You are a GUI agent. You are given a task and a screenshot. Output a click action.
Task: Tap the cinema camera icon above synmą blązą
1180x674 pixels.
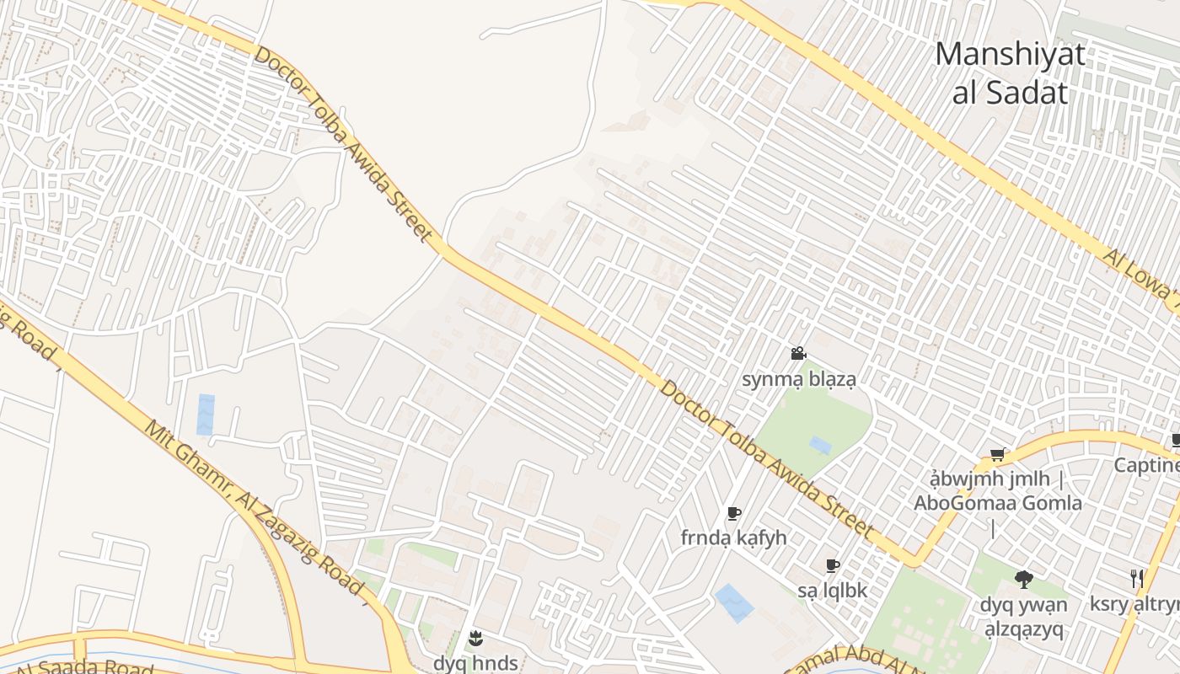pos(798,354)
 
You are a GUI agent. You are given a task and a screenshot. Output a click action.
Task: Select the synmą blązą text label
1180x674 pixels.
pos(798,379)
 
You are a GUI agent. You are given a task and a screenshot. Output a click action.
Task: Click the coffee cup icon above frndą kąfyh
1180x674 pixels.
pos(733,513)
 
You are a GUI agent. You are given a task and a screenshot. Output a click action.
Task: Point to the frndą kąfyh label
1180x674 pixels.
pos(733,538)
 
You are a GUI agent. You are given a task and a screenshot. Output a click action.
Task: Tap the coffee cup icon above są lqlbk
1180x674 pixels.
pos(833,566)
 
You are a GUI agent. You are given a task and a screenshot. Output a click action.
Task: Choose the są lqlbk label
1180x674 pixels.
pos(833,591)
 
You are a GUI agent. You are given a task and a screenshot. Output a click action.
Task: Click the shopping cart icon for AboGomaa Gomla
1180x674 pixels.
pos(997,455)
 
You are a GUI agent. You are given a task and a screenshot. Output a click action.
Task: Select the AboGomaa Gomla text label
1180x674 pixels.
pos(998,503)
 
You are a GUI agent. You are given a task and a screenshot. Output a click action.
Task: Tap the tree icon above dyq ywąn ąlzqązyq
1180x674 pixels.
pos(1024,579)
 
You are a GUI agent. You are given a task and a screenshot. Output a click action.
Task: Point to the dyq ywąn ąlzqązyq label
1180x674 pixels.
pos(1023,616)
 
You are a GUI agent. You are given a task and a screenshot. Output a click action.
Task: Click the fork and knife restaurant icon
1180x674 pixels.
pos(1137,578)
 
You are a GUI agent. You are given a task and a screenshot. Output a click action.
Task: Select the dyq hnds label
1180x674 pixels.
pos(475,663)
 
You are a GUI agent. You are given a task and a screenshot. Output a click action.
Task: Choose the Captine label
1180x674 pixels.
pos(1146,465)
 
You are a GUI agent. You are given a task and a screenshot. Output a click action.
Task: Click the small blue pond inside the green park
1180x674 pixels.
pos(820,445)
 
